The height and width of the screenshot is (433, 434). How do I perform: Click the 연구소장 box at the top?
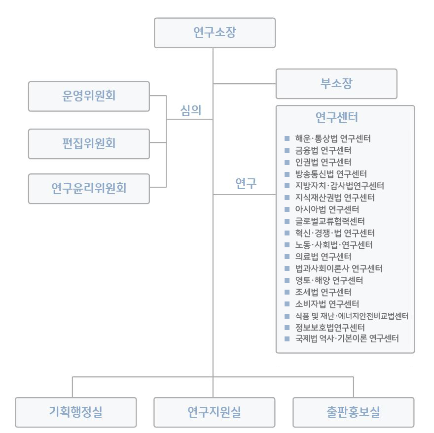[215, 33]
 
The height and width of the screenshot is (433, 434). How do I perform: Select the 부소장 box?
[336, 84]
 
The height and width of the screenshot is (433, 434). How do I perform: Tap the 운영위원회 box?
[89, 96]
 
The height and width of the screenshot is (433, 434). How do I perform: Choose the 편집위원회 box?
[89, 144]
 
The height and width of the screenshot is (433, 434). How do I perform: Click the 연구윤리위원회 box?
[89, 189]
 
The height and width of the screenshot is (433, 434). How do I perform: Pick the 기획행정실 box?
[75, 412]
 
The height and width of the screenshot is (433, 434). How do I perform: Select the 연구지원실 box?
[215, 412]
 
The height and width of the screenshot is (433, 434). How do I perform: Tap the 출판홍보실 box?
[353, 412]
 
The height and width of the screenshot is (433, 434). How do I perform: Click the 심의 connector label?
[191, 110]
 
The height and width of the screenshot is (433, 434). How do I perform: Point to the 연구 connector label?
[246, 184]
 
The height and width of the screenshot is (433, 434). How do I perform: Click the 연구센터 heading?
[336, 118]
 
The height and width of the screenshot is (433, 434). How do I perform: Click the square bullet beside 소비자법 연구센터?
[287, 304]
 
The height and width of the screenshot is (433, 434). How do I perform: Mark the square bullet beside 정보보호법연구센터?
[287, 328]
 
